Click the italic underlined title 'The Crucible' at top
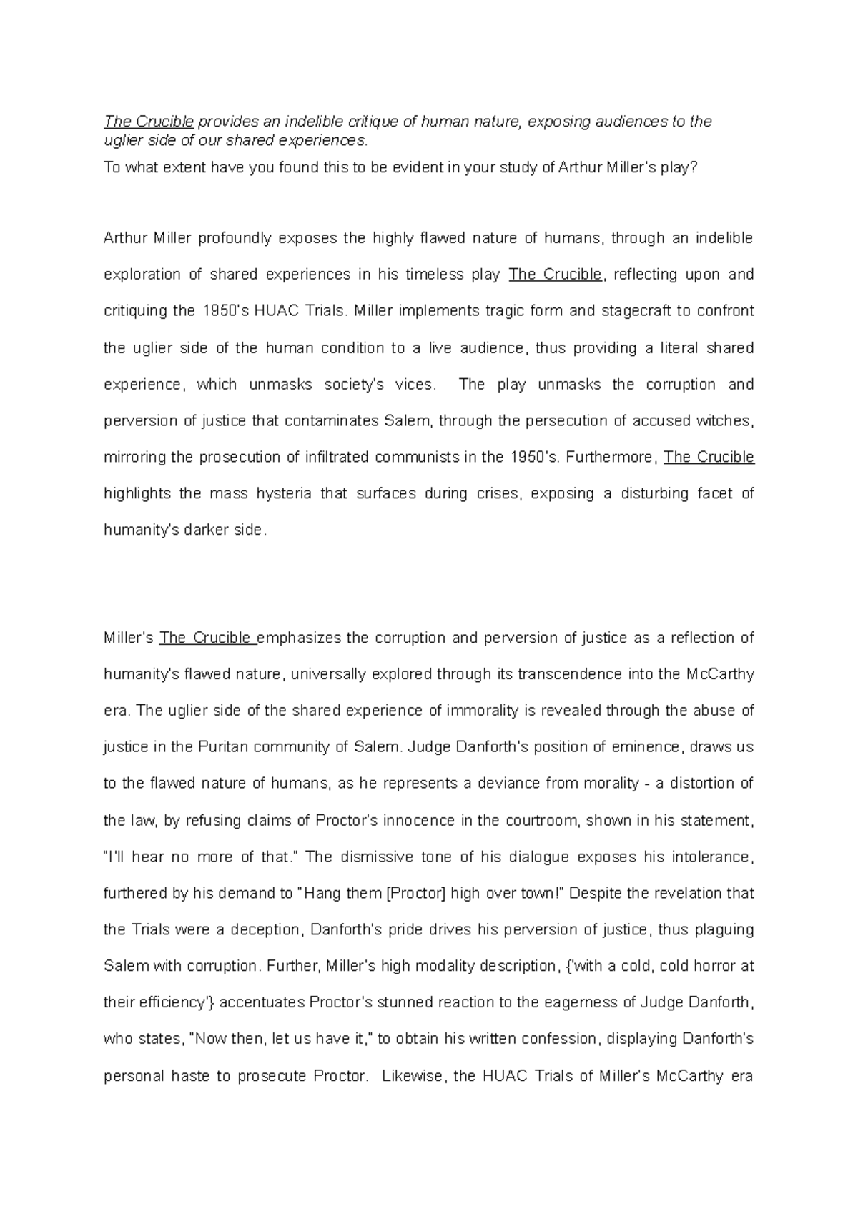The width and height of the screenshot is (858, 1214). pos(149,122)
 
